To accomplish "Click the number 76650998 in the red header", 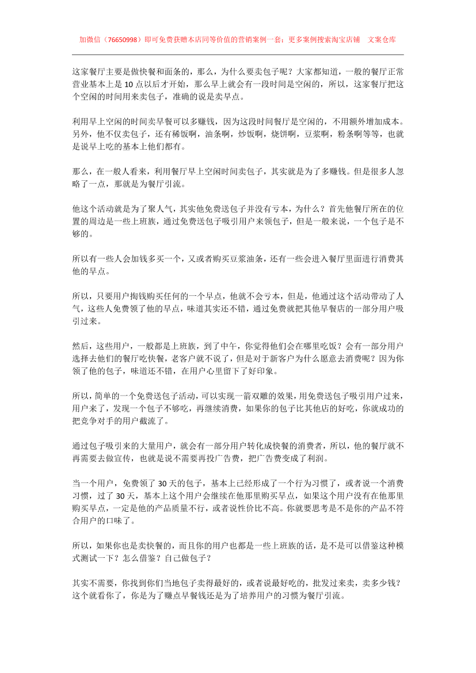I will click(121, 40).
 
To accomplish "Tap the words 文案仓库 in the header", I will click(382, 40).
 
